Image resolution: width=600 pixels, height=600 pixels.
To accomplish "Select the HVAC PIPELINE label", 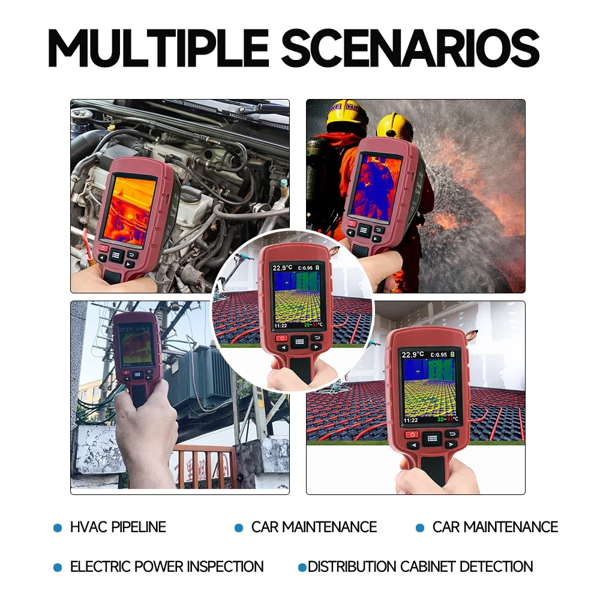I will coord(118,527).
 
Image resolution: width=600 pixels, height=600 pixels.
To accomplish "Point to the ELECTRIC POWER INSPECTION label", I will coord(167,566).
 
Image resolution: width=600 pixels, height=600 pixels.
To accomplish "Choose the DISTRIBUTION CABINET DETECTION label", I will coord(420,566).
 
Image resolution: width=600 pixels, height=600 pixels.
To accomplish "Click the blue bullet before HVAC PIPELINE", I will coord(58,528).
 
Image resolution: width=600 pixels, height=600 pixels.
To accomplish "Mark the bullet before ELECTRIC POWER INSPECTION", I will coord(58,567).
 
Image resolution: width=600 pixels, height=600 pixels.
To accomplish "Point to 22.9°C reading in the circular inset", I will coord(283,268).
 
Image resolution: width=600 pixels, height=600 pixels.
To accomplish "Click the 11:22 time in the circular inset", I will coord(280,325).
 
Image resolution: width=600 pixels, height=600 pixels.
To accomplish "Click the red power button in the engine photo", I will coord(103,247).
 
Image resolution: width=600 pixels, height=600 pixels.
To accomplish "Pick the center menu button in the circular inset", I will coord(299,341).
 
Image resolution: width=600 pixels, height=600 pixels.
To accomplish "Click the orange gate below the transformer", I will coord(204,465).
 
